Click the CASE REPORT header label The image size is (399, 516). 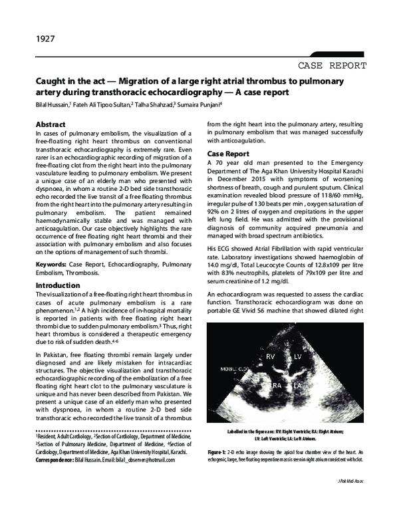[332, 66]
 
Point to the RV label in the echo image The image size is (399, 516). [271, 357]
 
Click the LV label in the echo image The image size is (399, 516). [297, 357]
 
